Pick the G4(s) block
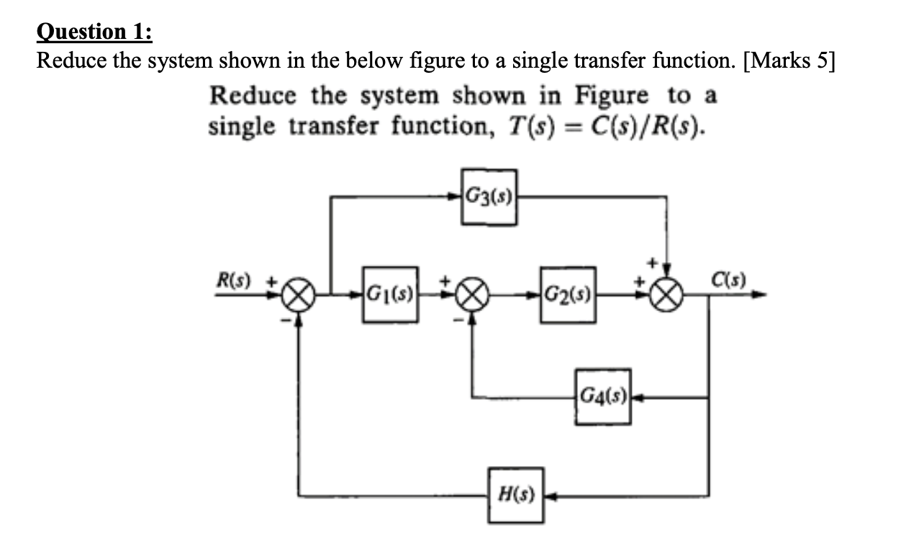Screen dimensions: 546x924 pyautogui.click(x=602, y=396)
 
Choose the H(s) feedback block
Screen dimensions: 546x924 pyautogui.click(x=515, y=496)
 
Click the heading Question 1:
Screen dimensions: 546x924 pyautogui.click(x=94, y=32)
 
